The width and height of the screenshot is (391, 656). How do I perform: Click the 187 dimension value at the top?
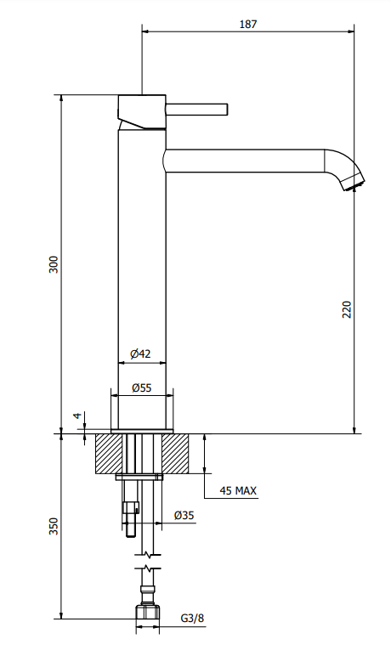(247, 25)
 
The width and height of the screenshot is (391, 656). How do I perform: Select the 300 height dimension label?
(54, 263)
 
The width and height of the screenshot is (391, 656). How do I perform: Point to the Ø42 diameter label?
(141, 353)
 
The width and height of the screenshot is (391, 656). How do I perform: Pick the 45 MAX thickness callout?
(238, 490)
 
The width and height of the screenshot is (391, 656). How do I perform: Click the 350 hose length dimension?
(54, 527)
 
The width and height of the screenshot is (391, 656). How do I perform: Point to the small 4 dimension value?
(76, 416)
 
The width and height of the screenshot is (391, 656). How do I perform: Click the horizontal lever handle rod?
(197, 108)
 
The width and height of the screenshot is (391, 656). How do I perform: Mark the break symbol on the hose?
(148, 568)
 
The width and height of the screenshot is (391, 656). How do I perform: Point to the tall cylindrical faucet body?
(141, 272)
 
